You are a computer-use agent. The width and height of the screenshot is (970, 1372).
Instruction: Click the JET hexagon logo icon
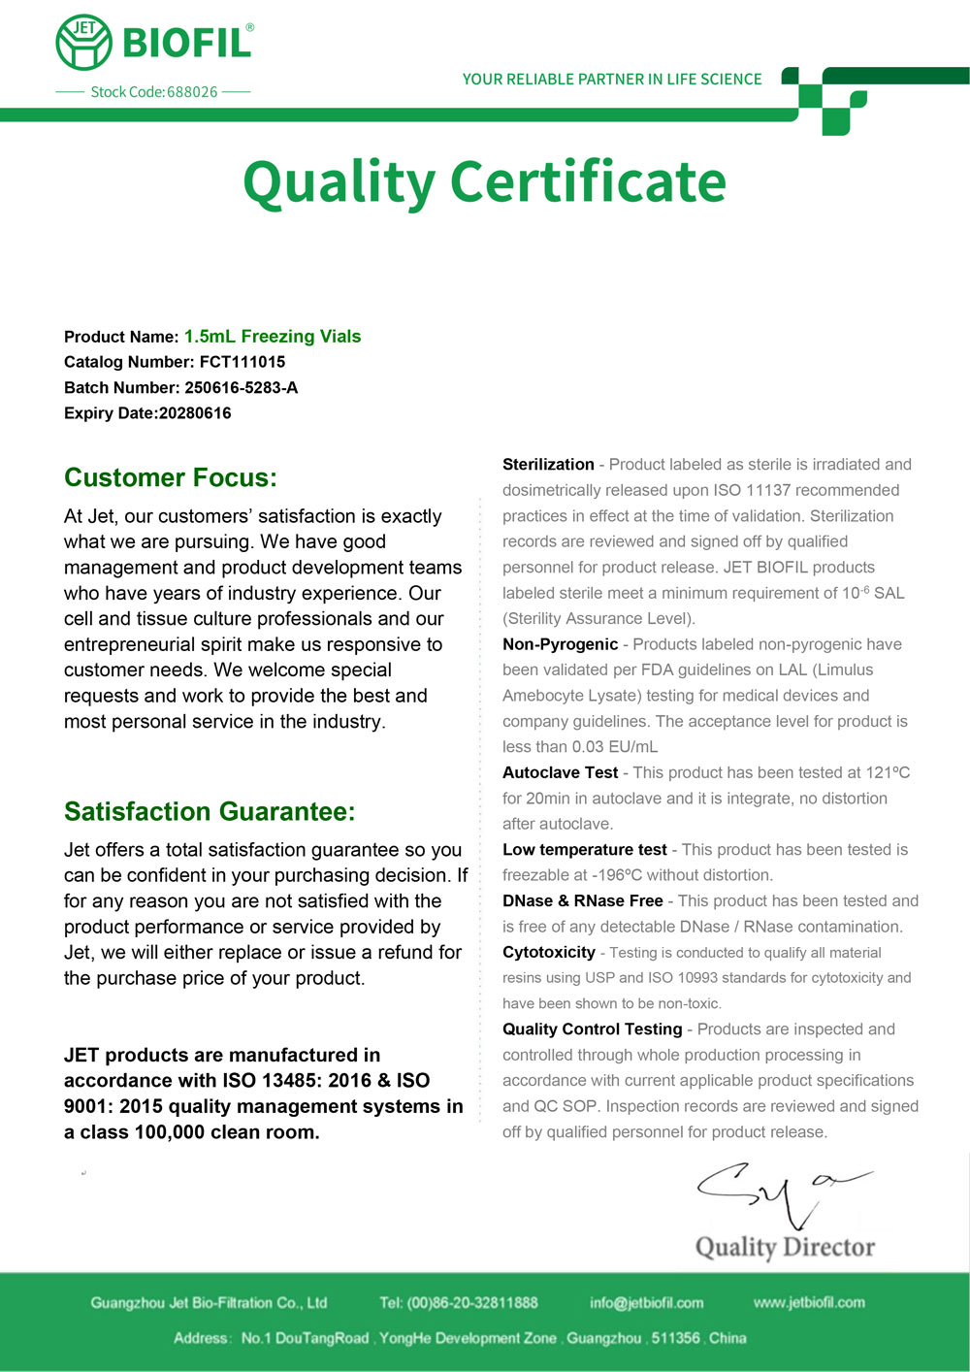84,42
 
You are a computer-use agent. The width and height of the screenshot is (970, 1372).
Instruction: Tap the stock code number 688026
192,92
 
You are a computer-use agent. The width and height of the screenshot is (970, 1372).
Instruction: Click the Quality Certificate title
484,181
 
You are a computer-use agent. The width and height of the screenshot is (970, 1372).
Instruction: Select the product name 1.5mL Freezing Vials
273,337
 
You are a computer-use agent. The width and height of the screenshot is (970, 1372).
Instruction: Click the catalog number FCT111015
242,362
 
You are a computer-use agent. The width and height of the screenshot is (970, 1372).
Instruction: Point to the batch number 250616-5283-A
242,388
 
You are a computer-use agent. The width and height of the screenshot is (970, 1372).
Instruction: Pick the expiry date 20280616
195,413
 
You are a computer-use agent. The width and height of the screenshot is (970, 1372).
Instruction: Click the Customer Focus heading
171,477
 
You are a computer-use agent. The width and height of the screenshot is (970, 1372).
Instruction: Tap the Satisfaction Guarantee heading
210,811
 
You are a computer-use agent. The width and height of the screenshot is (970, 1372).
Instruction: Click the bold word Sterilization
548,465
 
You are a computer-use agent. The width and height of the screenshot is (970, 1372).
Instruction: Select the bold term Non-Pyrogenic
560,644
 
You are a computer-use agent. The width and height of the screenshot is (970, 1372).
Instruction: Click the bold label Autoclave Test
560,772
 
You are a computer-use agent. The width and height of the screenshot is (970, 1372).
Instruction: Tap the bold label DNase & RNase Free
582,901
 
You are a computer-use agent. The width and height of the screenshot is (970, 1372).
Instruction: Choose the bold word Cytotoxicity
548,953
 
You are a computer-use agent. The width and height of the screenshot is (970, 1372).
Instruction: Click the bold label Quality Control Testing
592,1029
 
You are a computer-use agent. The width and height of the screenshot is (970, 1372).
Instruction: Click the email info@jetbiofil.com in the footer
646,1303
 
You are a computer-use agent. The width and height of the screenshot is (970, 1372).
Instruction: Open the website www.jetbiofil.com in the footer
809,1303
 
